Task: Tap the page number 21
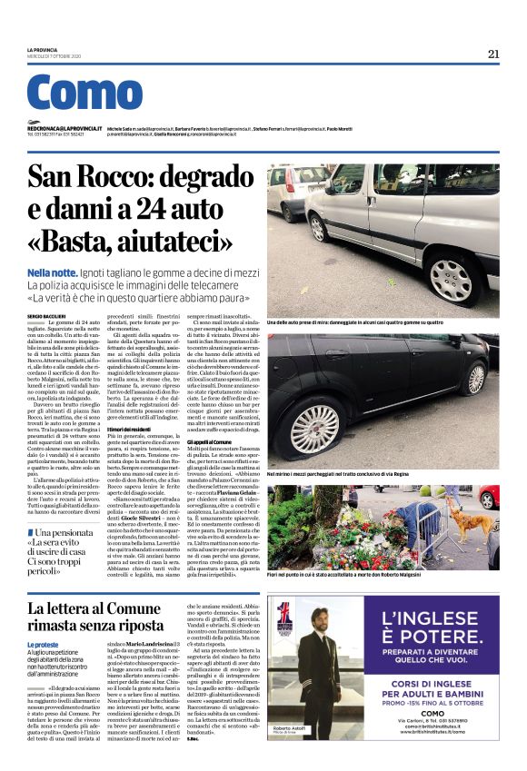(493, 54)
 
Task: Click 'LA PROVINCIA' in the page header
(43, 51)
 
